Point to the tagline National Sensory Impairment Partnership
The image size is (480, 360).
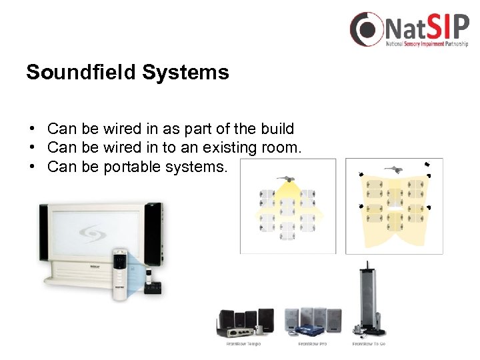[427, 44]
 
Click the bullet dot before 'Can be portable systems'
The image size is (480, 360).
[31, 167]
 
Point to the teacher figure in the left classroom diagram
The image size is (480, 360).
[288, 178]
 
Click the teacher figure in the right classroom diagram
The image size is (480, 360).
[395, 168]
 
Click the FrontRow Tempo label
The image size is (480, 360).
[243, 344]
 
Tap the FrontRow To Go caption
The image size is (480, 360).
[369, 344]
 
